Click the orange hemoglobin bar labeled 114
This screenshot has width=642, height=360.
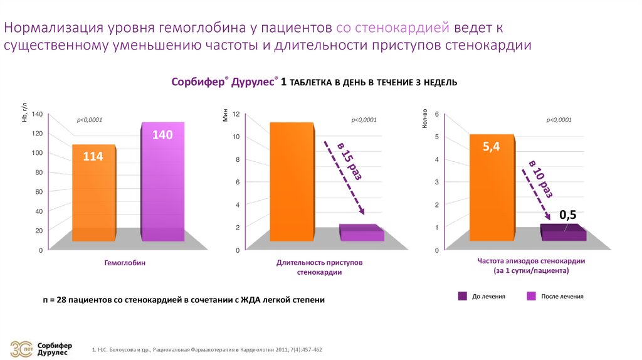point(93,194)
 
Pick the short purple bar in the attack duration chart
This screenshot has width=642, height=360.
point(361,233)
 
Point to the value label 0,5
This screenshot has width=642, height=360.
point(567,215)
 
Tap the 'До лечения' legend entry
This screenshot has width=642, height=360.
point(483,296)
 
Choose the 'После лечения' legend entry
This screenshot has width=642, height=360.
point(555,296)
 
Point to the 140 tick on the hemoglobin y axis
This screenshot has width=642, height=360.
point(36,114)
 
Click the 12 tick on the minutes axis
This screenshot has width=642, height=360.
point(236,114)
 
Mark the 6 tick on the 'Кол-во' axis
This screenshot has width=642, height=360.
point(436,114)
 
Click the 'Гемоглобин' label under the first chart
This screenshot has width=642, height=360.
point(125,263)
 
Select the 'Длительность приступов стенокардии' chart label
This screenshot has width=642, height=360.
point(320,268)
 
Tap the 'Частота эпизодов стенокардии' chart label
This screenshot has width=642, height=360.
point(531,266)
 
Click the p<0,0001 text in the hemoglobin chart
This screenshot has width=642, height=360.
point(89,120)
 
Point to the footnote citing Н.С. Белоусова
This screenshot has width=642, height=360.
point(207,349)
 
